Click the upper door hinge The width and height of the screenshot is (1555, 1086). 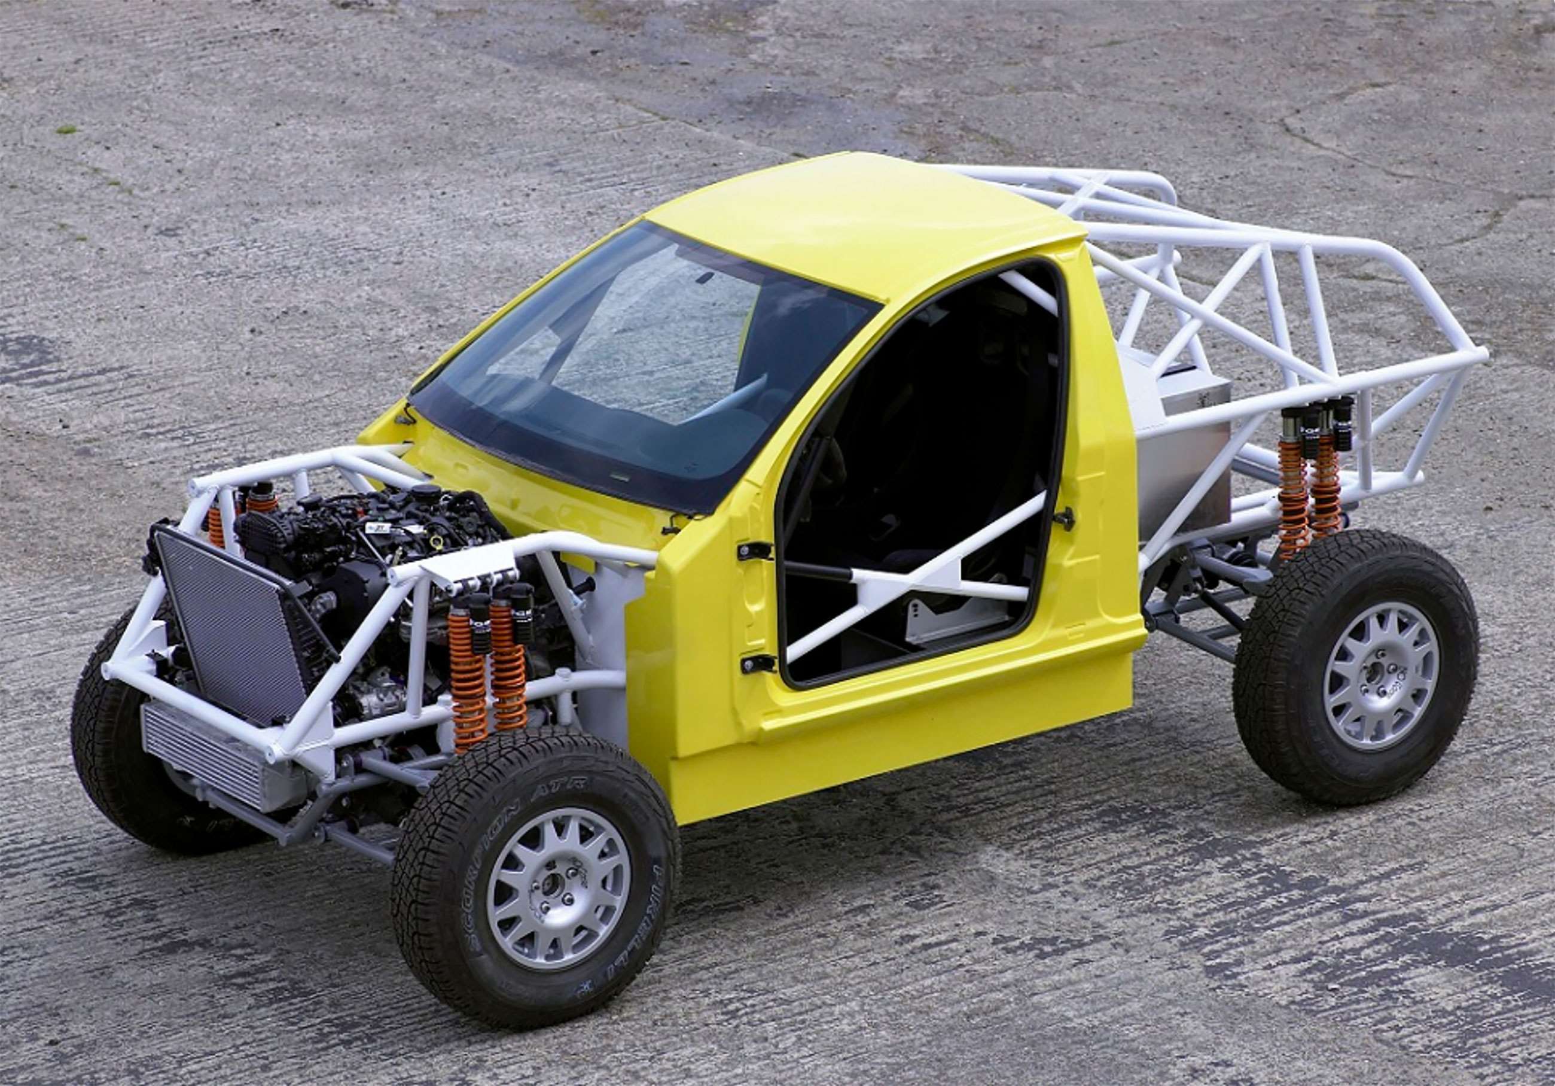pyautogui.click(x=753, y=550)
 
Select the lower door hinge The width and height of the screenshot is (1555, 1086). pyautogui.click(x=755, y=662)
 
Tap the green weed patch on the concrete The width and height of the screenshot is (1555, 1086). pyautogui.click(x=66, y=129)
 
